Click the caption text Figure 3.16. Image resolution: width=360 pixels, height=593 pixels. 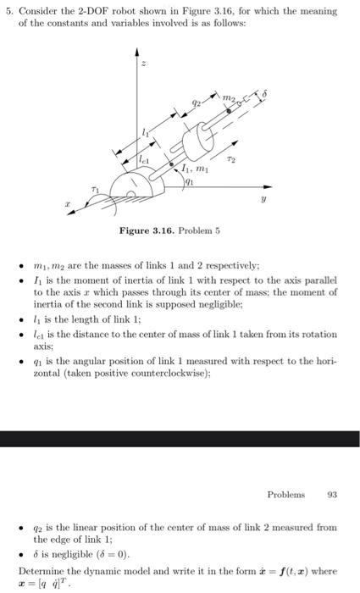pyautogui.click(x=147, y=230)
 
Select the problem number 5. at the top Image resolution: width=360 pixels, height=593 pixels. pyautogui.click(x=8, y=11)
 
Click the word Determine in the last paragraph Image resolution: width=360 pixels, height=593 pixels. pyautogui.click(x=39, y=568)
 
